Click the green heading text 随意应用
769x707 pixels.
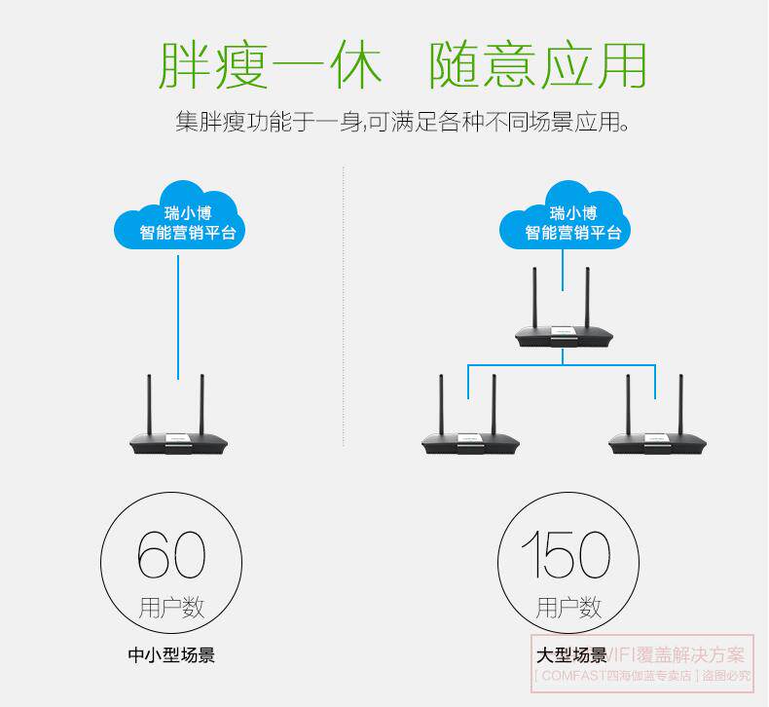point(537,63)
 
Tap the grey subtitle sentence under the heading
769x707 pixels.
point(401,123)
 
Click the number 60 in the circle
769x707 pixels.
point(171,554)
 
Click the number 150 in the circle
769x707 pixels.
point(567,554)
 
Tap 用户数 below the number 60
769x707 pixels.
point(171,608)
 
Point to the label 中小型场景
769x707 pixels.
point(171,654)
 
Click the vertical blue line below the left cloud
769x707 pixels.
point(178,312)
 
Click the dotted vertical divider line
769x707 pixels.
point(345,390)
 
